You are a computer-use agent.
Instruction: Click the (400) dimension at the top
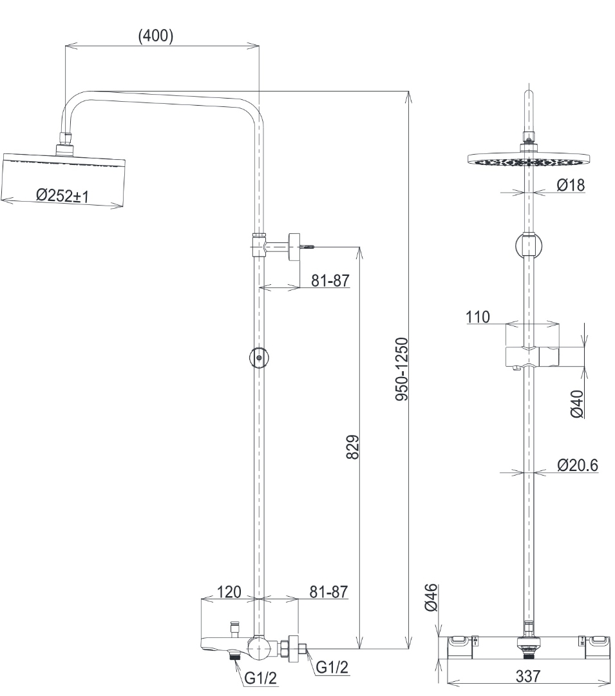[x=156, y=36]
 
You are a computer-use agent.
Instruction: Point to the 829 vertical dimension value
[x=352, y=447]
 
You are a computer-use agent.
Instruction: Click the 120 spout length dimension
[x=229, y=592]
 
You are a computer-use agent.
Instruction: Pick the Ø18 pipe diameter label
[x=570, y=186]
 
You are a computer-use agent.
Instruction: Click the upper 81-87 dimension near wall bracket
[x=330, y=282]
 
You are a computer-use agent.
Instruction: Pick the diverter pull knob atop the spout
[x=234, y=627]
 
